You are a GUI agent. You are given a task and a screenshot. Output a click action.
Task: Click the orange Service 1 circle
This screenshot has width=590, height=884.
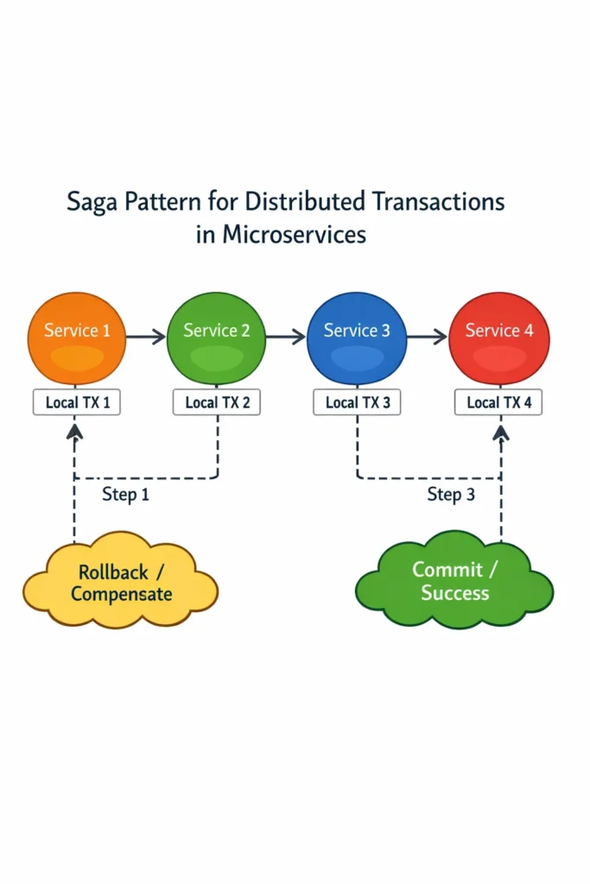[76, 338]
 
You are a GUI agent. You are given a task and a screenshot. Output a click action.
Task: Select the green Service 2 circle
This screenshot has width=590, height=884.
[216, 338]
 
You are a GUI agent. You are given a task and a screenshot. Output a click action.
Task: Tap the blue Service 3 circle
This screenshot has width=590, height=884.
[357, 338]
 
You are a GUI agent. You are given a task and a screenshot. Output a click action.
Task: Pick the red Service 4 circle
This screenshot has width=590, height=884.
[498, 338]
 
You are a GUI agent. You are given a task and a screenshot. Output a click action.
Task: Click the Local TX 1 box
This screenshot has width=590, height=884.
[76, 402]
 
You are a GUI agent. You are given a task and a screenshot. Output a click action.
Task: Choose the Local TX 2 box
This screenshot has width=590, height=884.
[216, 402]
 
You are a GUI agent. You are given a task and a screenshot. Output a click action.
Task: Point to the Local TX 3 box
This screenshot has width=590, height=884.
[358, 402]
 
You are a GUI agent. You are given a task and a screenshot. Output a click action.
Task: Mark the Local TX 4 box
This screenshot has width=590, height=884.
[499, 402]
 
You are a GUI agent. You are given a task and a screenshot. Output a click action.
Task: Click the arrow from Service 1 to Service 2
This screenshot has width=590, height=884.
[146, 337]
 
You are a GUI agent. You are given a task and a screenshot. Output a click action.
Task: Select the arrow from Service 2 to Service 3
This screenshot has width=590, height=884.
[286, 337]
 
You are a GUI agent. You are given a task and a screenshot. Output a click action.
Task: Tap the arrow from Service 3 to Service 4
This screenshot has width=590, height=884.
[428, 337]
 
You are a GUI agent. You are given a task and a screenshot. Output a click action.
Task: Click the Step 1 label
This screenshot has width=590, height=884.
[125, 495]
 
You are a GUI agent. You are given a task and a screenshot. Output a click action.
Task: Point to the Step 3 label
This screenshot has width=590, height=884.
[451, 495]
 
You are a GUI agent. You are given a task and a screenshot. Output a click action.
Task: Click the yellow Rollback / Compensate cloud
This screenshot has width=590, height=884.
[121, 583]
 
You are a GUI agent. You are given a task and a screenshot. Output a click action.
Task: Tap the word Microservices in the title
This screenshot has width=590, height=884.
[294, 234]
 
